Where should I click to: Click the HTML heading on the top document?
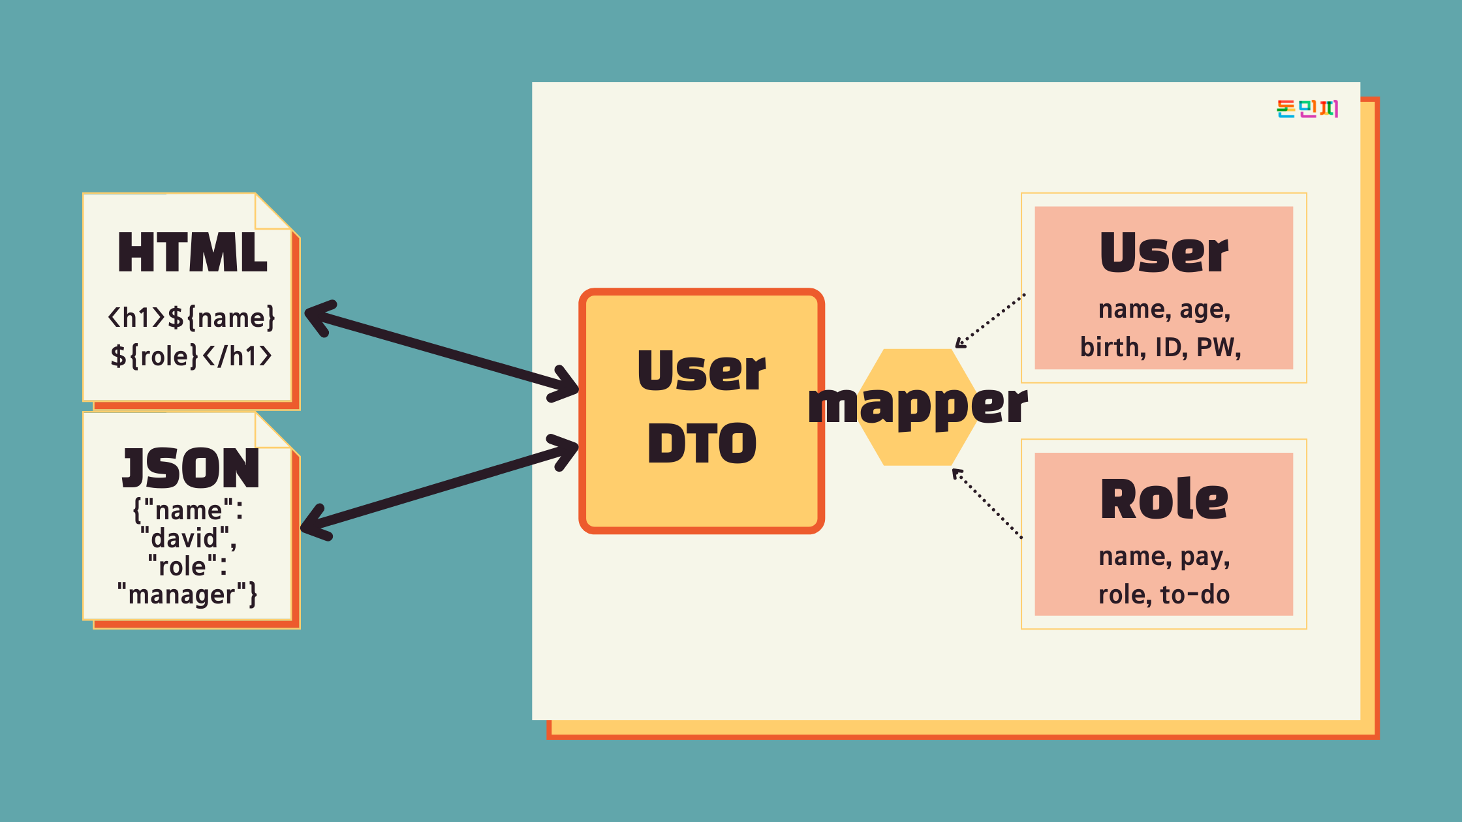click(x=193, y=253)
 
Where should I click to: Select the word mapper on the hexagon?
click(x=918, y=406)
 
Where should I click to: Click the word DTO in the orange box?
click(x=702, y=444)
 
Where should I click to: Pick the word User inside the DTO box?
click(x=702, y=371)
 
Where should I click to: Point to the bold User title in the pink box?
click(x=1164, y=253)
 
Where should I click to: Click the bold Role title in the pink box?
click(x=1164, y=500)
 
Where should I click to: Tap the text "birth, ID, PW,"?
click(x=1160, y=347)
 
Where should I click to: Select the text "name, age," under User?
click(x=1164, y=309)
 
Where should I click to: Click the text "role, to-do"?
click(x=1164, y=594)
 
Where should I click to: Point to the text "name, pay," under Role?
click(x=1164, y=556)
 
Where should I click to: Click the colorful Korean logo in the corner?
click(x=1307, y=108)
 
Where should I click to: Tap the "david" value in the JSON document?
click(x=188, y=538)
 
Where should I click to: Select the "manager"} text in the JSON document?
click(x=187, y=594)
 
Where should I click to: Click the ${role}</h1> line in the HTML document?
click(x=191, y=356)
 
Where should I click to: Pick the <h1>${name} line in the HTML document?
click(x=191, y=318)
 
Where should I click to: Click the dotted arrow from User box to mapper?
click(x=989, y=320)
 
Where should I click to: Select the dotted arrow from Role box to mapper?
click(x=987, y=503)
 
